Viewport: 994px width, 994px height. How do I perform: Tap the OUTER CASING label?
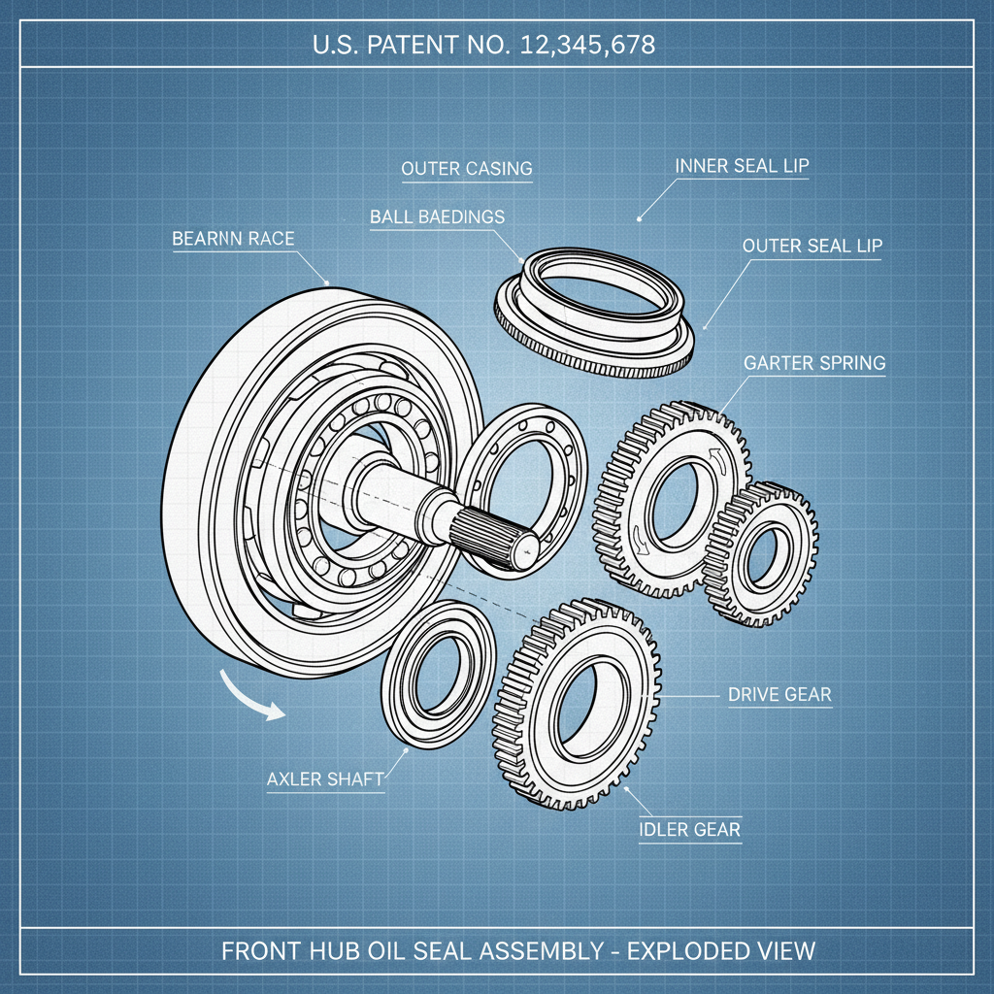(x=467, y=169)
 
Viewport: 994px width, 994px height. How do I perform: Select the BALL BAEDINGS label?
(x=437, y=217)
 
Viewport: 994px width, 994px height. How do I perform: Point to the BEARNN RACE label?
(x=232, y=239)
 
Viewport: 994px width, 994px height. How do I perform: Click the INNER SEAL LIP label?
(x=742, y=166)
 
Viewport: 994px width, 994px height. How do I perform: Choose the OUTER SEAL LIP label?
(x=812, y=246)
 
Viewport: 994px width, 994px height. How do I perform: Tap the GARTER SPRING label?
(x=814, y=364)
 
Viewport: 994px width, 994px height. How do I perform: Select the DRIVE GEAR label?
(x=779, y=695)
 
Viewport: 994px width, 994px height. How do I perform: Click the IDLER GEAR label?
(x=689, y=829)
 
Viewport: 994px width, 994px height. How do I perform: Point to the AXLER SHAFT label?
(x=325, y=779)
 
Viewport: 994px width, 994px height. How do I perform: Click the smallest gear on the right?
(x=763, y=553)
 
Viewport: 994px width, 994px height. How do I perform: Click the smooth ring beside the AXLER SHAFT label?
(x=439, y=672)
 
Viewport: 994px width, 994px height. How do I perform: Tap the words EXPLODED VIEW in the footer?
(x=721, y=949)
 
